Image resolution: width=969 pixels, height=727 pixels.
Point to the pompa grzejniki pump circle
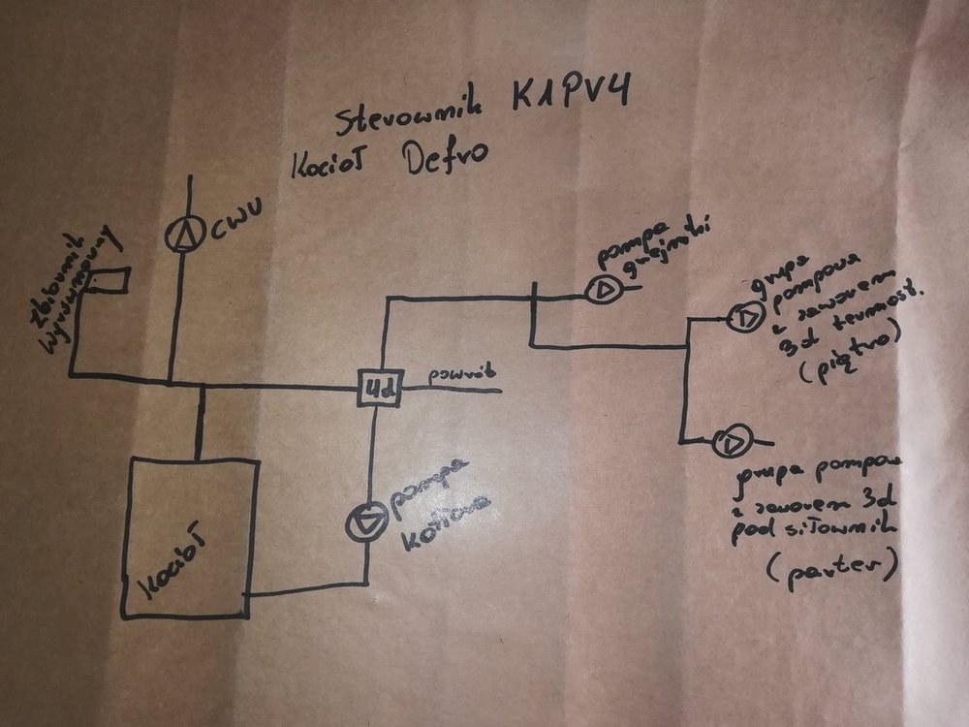pyautogui.click(x=602, y=288)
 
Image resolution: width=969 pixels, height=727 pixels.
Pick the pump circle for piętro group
pyautogui.click(x=744, y=316)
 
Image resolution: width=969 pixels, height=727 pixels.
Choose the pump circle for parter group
pyautogui.click(x=729, y=443)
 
